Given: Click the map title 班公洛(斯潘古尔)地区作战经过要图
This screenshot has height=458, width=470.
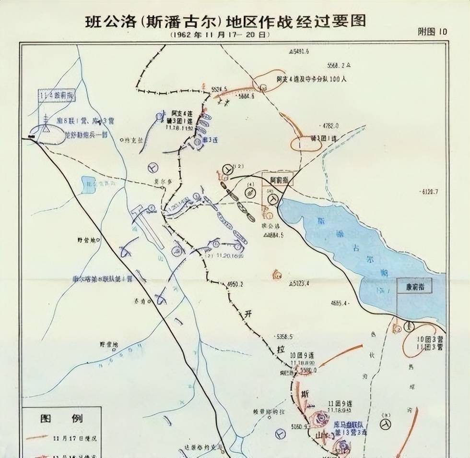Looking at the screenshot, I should (225, 22).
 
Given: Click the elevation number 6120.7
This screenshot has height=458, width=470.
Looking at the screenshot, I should (430, 191).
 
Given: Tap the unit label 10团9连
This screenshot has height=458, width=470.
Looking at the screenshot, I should (302, 356).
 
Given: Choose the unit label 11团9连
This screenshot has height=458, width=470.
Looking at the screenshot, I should (341, 402).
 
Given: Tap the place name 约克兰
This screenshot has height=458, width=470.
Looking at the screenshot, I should (134, 140).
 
